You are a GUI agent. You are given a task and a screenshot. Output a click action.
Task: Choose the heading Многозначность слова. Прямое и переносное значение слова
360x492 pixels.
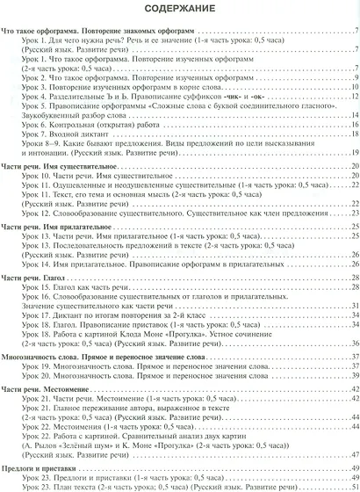(x=104, y=333)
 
